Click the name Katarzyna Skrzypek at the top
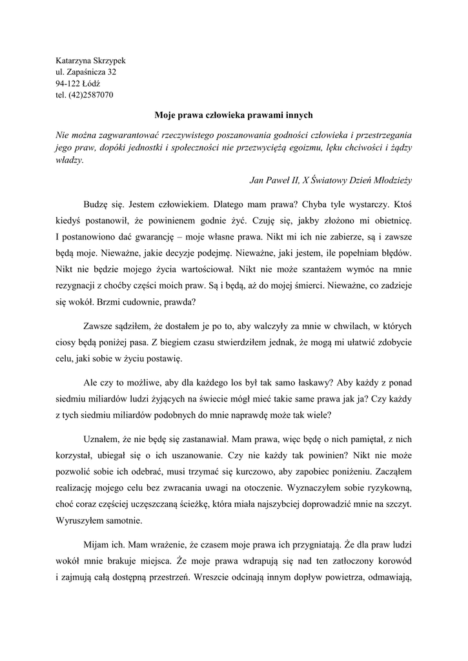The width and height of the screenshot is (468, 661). (x=91, y=60)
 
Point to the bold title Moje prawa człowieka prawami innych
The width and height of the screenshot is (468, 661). (x=234, y=115)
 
